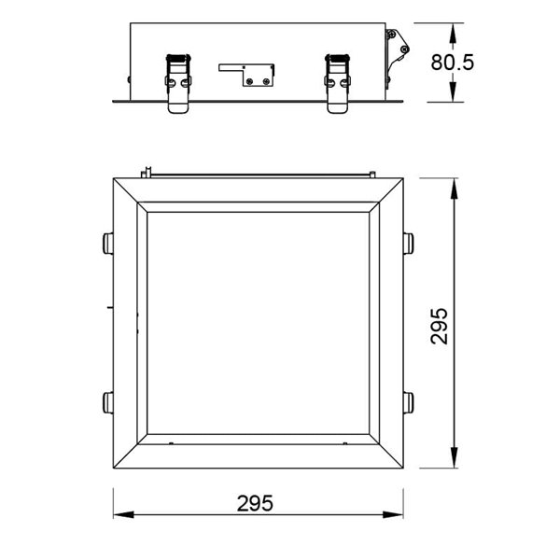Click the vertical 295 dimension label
coord(440,326)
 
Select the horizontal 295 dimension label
coord(254,503)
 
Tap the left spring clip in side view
coord(178,81)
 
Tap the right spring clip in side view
coord(338,81)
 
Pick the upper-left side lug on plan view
coord(107,244)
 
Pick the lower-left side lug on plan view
coord(107,403)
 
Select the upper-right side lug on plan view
coord(408,244)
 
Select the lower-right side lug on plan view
coord(408,403)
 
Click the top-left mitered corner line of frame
coord(128,191)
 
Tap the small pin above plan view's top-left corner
coord(147,172)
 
